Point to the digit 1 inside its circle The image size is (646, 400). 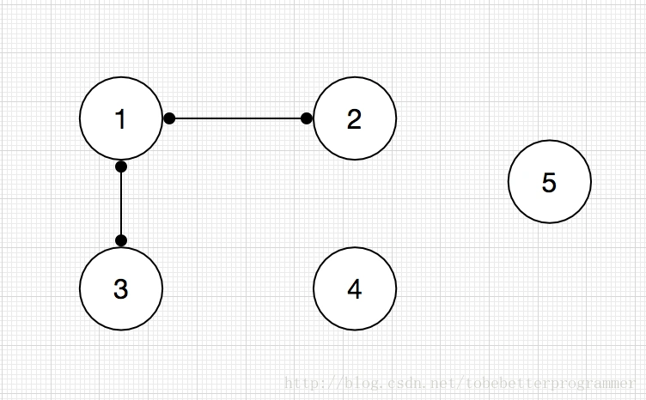120,119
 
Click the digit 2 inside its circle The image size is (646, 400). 354,119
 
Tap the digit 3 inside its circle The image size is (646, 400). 121,289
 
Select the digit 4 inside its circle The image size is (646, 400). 354,289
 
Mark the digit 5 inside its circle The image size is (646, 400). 549,182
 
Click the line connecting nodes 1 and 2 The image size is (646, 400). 238,118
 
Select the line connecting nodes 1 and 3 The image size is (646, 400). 121,203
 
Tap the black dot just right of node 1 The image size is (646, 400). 169,118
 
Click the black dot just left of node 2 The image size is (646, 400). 307,118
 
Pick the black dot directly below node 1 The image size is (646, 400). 121,167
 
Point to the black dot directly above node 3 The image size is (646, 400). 121,240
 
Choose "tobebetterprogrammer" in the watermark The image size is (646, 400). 551,384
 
